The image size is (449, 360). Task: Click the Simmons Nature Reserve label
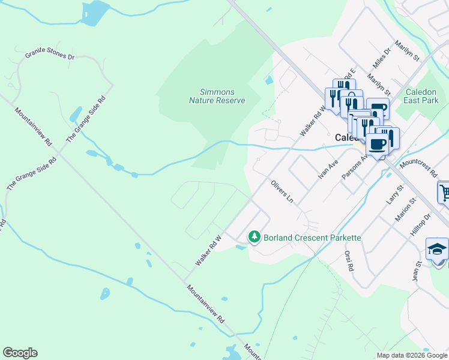pos(217,96)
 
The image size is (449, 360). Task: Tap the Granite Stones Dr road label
pos(49,56)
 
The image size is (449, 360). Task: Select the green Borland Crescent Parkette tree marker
pos(255,238)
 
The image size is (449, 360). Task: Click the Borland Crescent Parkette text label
pos(312,238)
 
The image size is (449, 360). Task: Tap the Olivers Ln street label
pos(283,190)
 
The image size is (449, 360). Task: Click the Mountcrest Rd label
pos(418,167)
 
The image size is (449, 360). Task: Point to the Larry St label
pos(394,195)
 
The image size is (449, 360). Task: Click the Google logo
pos(20,353)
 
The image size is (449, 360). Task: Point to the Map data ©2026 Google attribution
pos(412,355)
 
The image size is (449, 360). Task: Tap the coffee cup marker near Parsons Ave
pos(378,145)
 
